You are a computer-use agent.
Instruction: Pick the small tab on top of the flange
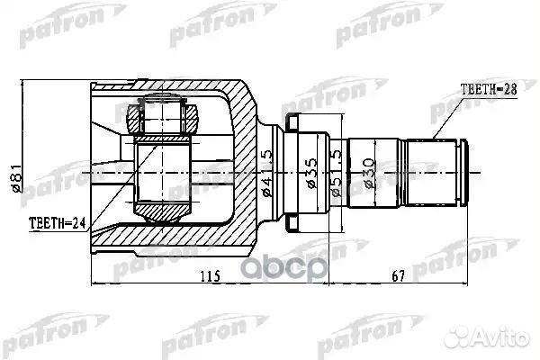point(292,121)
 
